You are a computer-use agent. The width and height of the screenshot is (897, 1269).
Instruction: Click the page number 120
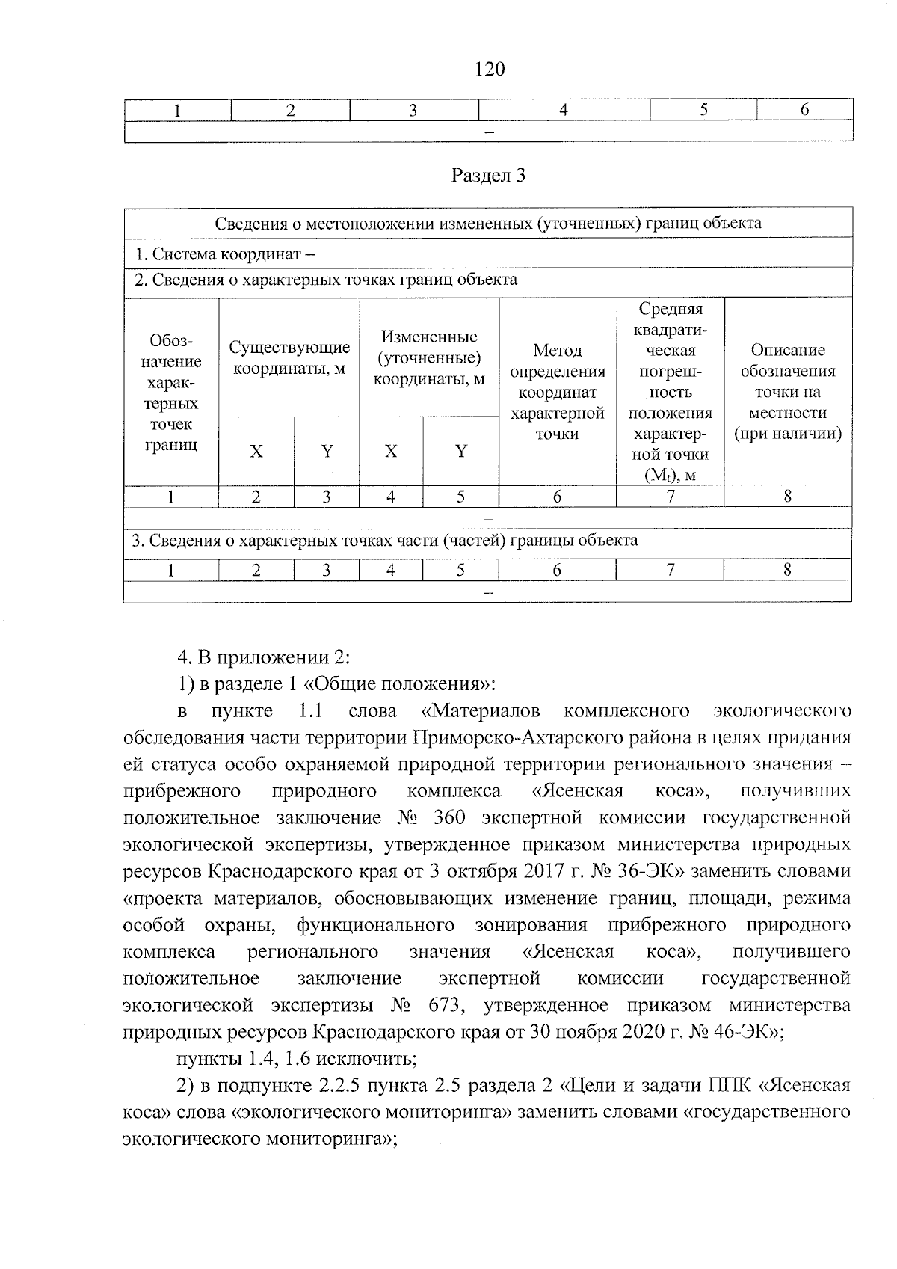[x=490, y=70]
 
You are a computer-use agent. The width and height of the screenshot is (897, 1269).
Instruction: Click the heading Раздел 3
[x=488, y=176]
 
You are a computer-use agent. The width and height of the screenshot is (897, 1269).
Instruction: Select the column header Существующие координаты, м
[x=289, y=358]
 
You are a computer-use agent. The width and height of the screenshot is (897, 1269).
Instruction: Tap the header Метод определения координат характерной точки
[x=558, y=392]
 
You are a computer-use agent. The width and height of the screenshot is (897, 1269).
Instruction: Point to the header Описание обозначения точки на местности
[x=788, y=392]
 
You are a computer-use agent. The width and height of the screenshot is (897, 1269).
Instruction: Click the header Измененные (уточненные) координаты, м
[x=429, y=358]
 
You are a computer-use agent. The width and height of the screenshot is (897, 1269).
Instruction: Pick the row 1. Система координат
[x=224, y=254]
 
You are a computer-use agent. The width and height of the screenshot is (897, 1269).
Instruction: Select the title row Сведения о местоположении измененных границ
[x=488, y=224]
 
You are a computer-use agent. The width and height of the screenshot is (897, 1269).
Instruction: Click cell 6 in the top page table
[x=805, y=110]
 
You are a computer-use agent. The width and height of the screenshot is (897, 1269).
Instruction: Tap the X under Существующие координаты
[x=256, y=452]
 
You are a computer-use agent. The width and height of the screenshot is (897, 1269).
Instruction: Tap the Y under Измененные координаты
[x=460, y=452]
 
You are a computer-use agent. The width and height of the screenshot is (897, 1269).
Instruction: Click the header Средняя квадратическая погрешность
[x=671, y=392]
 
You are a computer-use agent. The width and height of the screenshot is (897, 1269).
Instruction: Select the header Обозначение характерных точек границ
[x=171, y=392]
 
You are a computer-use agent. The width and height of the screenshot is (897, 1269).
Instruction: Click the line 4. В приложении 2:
[x=264, y=657]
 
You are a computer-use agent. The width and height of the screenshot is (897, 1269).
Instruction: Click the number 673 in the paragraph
[x=446, y=1005]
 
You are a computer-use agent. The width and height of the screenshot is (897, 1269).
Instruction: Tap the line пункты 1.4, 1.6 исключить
[x=296, y=1059]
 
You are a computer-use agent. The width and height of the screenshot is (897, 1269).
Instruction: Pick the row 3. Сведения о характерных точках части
[x=385, y=541]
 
